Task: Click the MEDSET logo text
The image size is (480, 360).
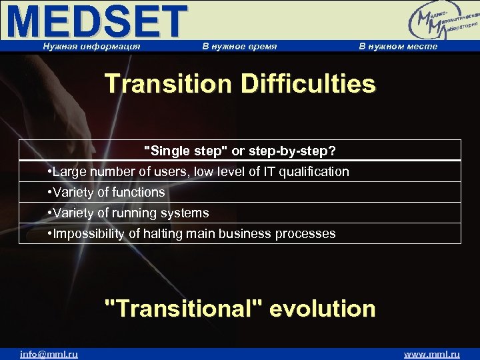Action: [x=99, y=21]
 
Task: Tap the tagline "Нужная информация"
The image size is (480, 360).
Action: [x=91, y=46]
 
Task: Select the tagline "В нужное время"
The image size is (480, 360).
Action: [x=239, y=46]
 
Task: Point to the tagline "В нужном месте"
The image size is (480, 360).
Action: [x=398, y=46]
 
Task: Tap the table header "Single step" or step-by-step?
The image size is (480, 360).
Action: [x=240, y=150]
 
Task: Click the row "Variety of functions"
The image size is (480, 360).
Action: [x=107, y=192]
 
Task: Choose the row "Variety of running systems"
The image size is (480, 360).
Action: [x=129, y=213]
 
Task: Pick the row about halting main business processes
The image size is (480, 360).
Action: [x=192, y=233]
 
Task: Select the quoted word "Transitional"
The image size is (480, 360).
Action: [x=183, y=309]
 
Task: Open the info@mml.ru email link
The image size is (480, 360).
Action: [x=49, y=354]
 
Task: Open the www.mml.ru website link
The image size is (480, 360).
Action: [x=432, y=354]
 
